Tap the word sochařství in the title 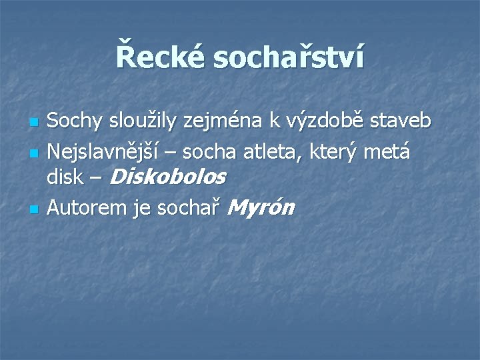(x=289, y=57)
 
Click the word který (x=337, y=152)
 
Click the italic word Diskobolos (x=167, y=177)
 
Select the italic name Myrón (x=261, y=208)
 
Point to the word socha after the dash (x=207, y=152)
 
